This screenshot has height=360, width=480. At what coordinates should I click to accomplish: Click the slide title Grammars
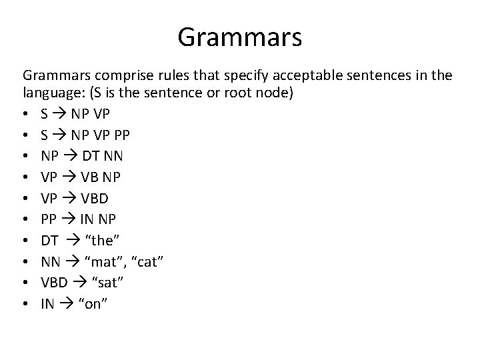coord(239,38)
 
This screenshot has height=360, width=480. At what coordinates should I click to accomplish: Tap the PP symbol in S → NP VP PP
coord(121,136)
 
